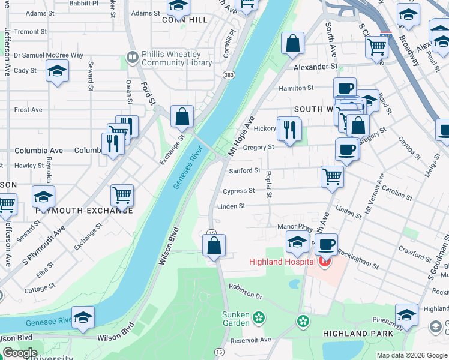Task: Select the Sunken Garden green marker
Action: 259,316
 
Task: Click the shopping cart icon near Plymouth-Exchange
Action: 122,195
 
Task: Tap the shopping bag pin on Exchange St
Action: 182,116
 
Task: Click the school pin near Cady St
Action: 57,72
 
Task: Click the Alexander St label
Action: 315,67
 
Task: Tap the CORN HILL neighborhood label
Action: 184,20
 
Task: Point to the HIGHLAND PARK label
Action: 358,333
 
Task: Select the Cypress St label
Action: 238,191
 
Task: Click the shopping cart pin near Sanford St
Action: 332,177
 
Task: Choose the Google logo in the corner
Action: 20,352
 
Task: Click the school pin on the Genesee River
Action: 83,317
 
